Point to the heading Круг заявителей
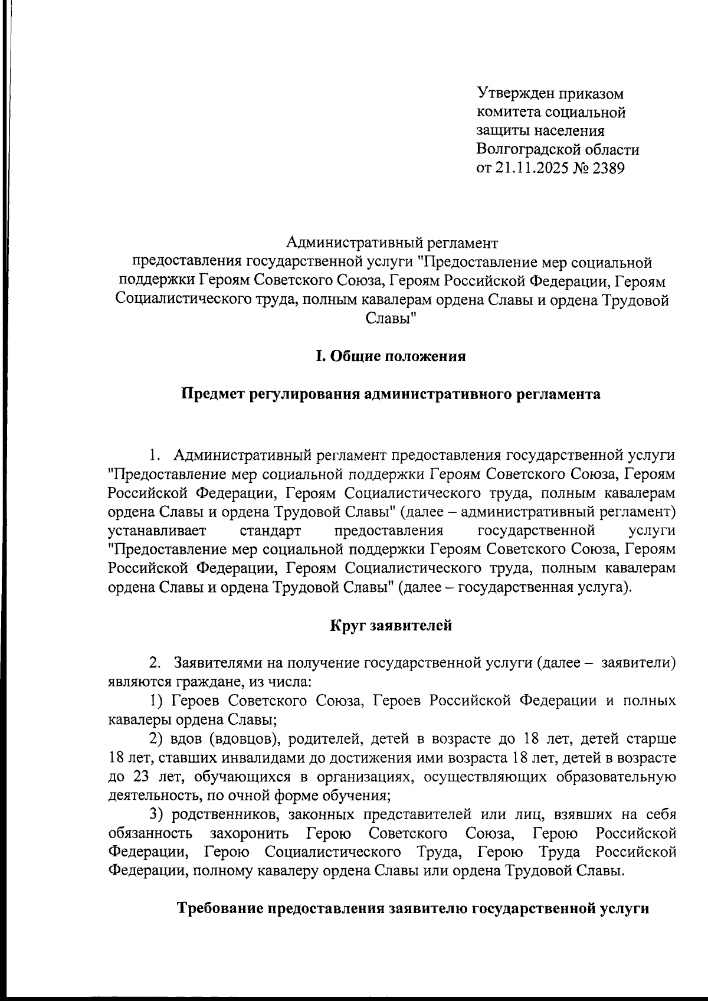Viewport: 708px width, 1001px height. point(391,625)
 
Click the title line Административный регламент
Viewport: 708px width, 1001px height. point(392,242)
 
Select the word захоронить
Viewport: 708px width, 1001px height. point(250,834)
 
